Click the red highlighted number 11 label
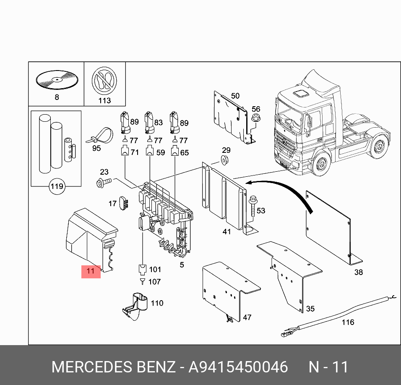click(x=91, y=271)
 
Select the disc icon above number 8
click(x=57, y=79)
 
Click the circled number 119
click(x=57, y=186)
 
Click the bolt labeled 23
click(x=103, y=182)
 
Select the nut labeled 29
click(x=225, y=160)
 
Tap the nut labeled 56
click(x=255, y=121)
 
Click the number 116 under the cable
click(x=348, y=322)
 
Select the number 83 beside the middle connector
click(x=158, y=123)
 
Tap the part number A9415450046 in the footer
click(x=238, y=367)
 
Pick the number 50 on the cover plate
click(x=235, y=96)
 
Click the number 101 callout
click(x=155, y=270)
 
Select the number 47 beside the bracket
click(x=247, y=317)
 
